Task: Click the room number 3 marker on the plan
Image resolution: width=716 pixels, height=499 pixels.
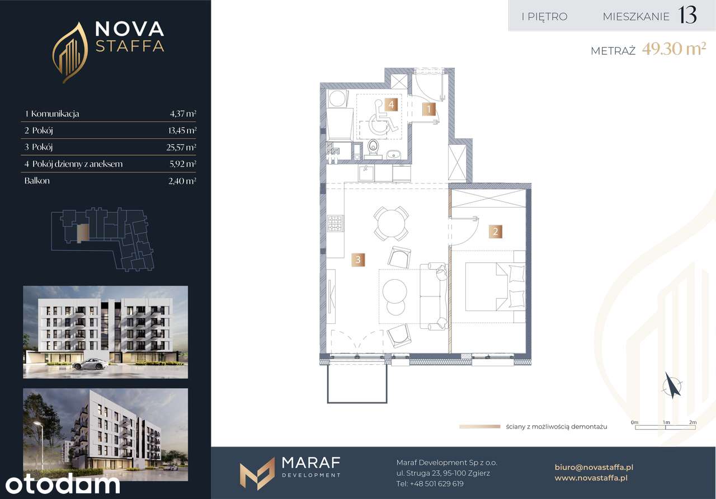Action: tap(358, 260)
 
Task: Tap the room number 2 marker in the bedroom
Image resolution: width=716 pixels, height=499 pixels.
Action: tap(496, 232)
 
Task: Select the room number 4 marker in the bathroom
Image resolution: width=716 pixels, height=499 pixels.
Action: tap(391, 105)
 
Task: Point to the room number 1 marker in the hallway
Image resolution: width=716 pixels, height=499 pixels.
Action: tap(429, 109)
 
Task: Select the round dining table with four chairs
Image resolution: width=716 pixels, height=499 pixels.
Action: tap(391, 223)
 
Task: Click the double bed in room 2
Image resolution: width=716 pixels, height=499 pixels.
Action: tap(495, 286)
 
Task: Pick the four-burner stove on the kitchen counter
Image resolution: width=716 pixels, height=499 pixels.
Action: tap(335, 223)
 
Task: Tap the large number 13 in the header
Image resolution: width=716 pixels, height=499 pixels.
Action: tap(687, 15)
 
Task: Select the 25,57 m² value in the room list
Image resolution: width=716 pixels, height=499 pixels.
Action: tap(181, 147)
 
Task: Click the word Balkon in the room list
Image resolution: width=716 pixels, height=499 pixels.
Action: tap(37, 181)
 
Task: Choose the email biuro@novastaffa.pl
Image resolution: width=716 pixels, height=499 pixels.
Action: tap(594, 467)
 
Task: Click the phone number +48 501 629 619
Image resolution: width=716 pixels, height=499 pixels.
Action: tap(437, 484)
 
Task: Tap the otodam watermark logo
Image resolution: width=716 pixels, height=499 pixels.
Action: tap(63, 484)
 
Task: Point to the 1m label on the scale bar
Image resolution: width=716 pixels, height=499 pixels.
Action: tap(666, 422)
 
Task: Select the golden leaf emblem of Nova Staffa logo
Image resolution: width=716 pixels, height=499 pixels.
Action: tap(70, 53)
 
